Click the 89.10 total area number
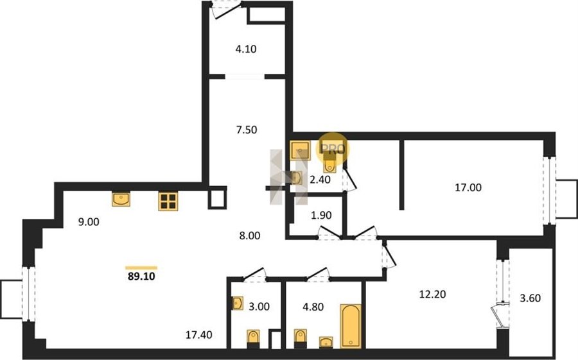click(x=141, y=276)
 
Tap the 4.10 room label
click(x=246, y=49)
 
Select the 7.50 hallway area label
click(x=247, y=130)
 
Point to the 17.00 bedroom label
click(x=468, y=187)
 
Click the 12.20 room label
click(x=433, y=294)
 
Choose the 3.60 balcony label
click(x=530, y=298)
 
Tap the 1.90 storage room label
click(x=322, y=215)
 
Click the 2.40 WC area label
click(x=320, y=180)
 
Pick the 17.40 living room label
click(x=199, y=334)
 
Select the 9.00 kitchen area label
click(x=89, y=222)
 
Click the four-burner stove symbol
click(x=168, y=201)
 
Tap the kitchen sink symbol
click(x=121, y=199)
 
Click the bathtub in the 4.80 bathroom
click(x=351, y=326)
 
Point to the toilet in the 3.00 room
click(x=253, y=339)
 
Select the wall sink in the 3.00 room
click(x=238, y=304)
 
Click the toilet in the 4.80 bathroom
click(x=301, y=339)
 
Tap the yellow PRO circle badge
click(x=333, y=148)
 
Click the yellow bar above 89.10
click(x=141, y=268)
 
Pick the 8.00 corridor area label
click(x=250, y=236)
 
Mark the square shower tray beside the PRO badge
click(x=301, y=150)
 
